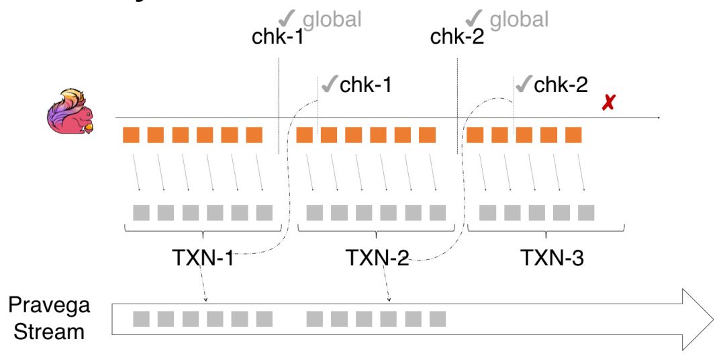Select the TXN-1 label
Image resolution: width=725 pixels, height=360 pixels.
tap(201, 257)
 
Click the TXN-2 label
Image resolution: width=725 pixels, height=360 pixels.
tap(377, 257)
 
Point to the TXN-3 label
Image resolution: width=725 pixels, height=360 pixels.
tap(552, 257)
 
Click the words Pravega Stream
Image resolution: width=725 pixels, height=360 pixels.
tap(48, 318)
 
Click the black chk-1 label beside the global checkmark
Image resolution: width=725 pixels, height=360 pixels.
tap(277, 37)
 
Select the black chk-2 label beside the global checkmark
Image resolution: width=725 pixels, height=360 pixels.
tap(456, 37)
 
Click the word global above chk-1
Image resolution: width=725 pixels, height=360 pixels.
tap(332, 19)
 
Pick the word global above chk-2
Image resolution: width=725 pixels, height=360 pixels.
tap(519, 19)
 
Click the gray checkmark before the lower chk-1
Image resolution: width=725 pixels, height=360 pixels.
tap(330, 85)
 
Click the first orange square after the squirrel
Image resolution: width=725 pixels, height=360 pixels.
tap(130, 135)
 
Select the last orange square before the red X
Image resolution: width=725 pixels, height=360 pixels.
tap(573, 135)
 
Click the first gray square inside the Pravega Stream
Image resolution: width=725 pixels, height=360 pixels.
tap(141, 318)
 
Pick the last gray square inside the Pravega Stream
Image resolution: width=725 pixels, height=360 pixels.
tap(438, 318)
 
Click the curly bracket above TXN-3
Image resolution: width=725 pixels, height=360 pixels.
tap(546, 230)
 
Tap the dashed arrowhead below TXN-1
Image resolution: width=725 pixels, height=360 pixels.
tap(205, 299)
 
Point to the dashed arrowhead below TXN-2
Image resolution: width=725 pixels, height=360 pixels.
tap(389, 299)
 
